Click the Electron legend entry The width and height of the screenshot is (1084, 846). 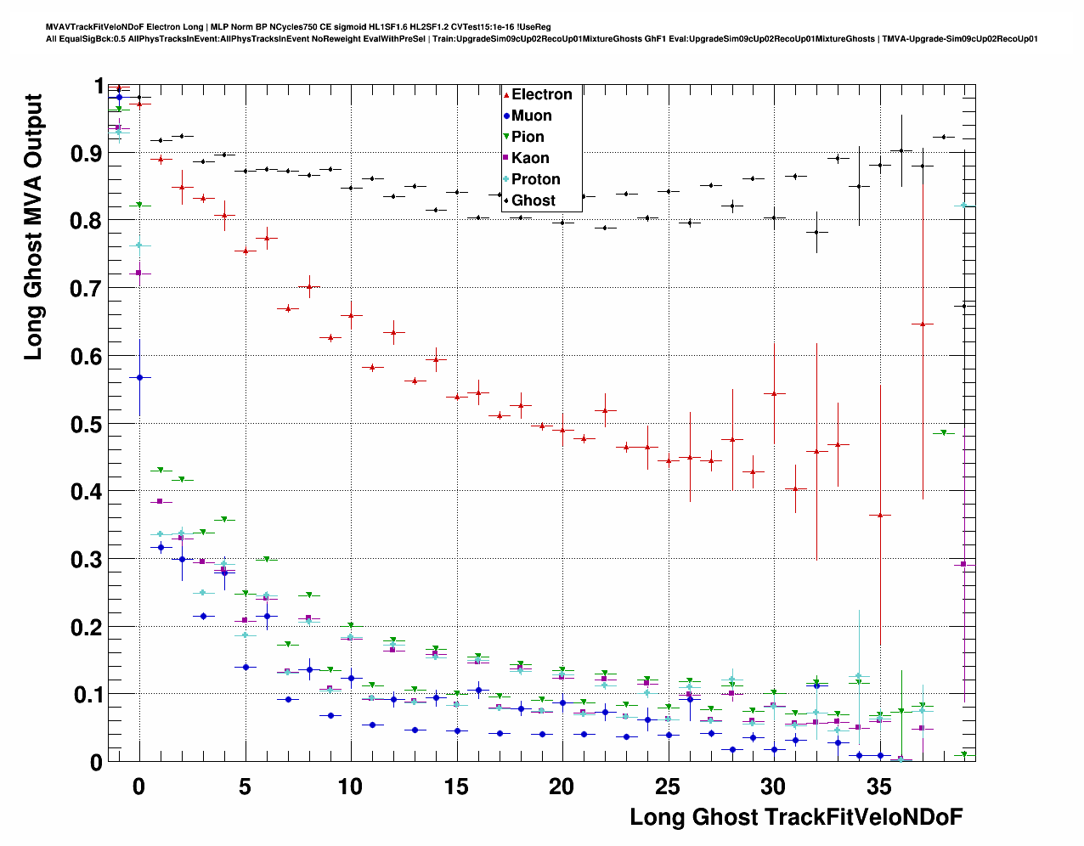point(541,94)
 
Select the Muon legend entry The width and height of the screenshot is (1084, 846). point(531,116)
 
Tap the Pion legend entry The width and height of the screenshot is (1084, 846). point(528,137)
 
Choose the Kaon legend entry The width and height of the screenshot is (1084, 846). point(530,158)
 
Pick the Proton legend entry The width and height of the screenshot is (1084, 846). point(535,179)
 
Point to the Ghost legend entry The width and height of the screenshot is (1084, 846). point(533,200)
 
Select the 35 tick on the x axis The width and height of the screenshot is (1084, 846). point(879,787)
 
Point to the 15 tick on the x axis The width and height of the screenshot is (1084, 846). point(456,787)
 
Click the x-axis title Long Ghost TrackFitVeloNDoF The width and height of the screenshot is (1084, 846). point(796,817)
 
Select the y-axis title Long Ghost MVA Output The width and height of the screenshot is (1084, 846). point(33,227)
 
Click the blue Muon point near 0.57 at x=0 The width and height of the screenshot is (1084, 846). point(139,377)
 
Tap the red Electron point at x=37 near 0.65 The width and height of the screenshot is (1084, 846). point(923,324)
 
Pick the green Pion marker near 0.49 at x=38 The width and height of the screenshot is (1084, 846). point(943,433)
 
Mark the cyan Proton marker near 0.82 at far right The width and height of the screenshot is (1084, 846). point(963,206)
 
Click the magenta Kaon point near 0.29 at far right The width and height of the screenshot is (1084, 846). point(963,564)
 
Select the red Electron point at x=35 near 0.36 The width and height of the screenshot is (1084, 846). point(880,515)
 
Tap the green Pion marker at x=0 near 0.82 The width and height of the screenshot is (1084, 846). point(139,206)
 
